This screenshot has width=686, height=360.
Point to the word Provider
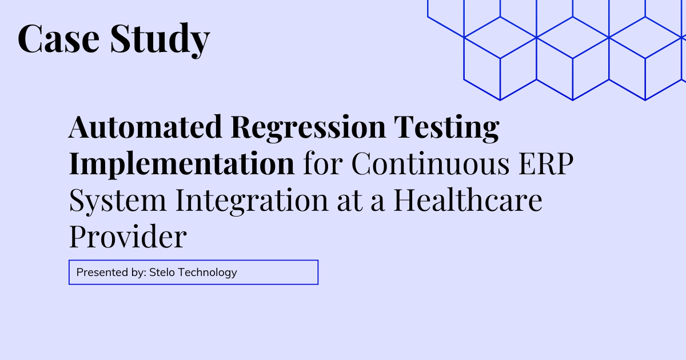pos(127,237)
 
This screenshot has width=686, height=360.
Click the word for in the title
pos(323,164)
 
